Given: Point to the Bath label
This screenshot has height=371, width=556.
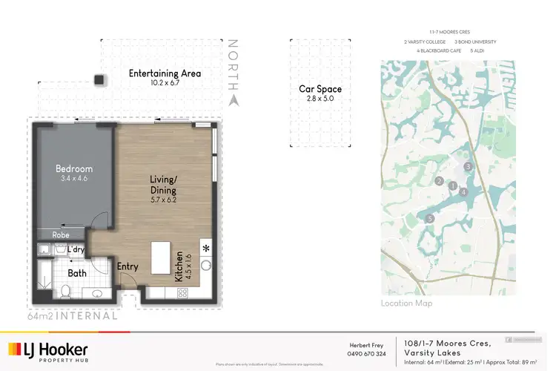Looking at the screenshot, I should tap(76, 273).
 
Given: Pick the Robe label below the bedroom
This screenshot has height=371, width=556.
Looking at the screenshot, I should tap(61, 235).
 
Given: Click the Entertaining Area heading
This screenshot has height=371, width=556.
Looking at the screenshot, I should tap(165, 73).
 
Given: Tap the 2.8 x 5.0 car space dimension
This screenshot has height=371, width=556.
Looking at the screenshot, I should tap(315, 98).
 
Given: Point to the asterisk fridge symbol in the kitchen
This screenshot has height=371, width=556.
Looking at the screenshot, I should tap(205, 248).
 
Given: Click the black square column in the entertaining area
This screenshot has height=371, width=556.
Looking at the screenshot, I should tap(97, 79).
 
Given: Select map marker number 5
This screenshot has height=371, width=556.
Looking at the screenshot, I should tap(430, 218).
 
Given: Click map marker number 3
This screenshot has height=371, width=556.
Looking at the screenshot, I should tap(469, 167).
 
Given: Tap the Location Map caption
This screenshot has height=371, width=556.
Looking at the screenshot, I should tap(406, 303).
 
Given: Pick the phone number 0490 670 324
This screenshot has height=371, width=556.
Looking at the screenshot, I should tap(368, 354).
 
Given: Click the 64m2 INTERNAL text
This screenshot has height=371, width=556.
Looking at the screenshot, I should tap(72, 315).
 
